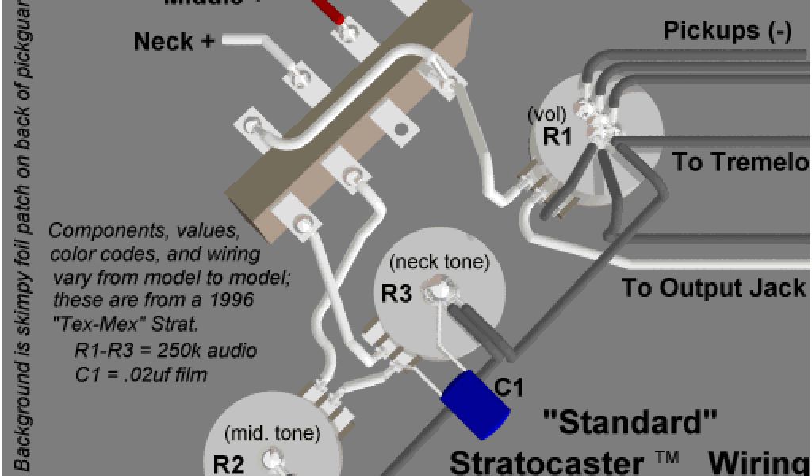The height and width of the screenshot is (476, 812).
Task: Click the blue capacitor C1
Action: (474, 403)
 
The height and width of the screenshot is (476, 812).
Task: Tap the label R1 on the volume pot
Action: (557, 136)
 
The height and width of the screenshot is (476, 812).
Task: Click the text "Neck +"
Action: (174, 41)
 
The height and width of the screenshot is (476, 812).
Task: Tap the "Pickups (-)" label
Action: (727, 32)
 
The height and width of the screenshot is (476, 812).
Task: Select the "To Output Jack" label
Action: (713, 287)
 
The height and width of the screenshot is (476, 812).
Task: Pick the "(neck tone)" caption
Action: (439, 261)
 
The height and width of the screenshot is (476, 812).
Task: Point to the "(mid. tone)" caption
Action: (273, 433)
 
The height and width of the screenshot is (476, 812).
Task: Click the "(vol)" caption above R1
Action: (544, 115)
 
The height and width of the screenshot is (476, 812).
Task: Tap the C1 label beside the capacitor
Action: (510, 388)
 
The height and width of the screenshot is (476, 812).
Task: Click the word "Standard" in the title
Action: (630, 422)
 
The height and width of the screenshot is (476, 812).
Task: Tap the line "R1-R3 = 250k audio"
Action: (165, 351)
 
